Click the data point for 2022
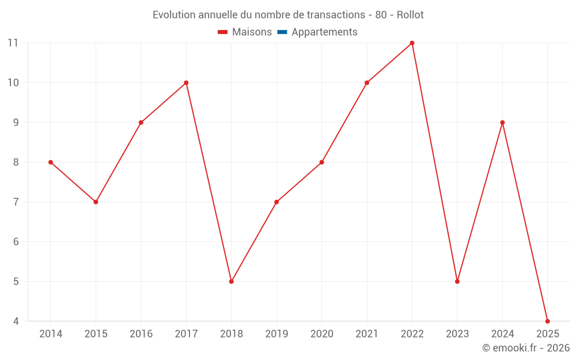coord(412,43)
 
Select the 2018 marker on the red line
coord(231,282)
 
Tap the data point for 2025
coord(547,321)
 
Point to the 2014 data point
coord(51,162)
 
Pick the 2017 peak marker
coord(186,83)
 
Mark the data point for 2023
coord(457,282)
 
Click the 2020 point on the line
coord(321,162)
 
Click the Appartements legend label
coord(324,32)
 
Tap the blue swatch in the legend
coord(282,32)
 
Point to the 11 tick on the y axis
coord(13,43)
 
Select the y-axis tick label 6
coord(16,242)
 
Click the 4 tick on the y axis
coord(16,321)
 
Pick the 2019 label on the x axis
coord(276,334)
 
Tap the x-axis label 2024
coord(502,334)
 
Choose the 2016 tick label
coord(141,334)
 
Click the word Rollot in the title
coord(410,15)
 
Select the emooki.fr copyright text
coord(526,348)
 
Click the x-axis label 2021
coord(367,334)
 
